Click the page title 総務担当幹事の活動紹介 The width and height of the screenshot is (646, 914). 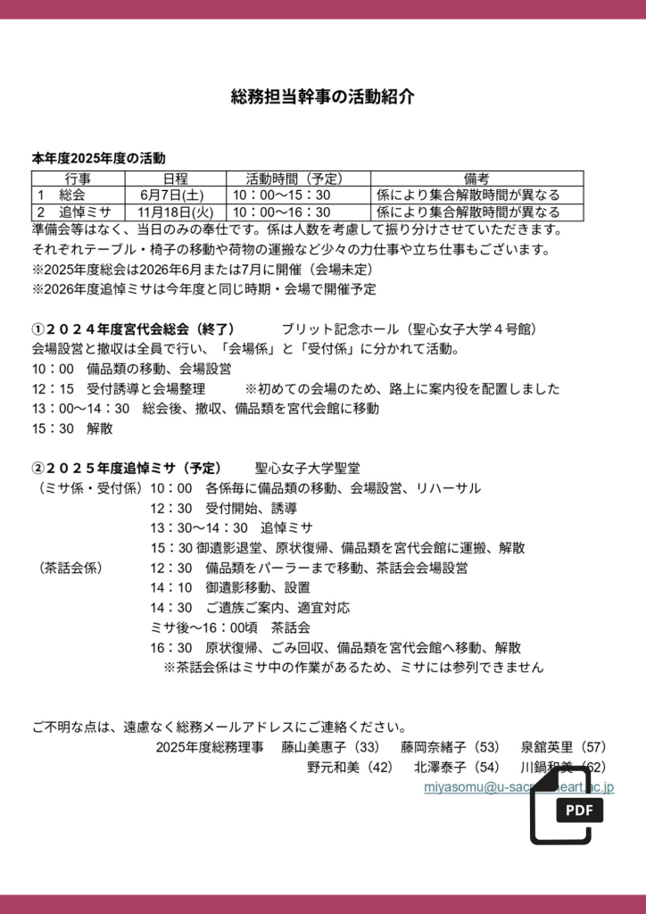pyautogui.click(x=322, y=97)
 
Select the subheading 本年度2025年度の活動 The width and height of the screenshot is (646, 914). pyautogui.click(x=99, y=159)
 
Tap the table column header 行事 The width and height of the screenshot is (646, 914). pyautogui.click(x=78, y=179)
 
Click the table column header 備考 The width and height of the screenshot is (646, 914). pyautogui.click(x=476, y=179)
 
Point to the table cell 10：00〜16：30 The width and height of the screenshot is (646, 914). pyautogui.click(x=282, y=212)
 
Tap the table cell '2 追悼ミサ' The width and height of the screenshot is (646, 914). pyautogui.click(x=71, y=212)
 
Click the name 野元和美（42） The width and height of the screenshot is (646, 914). pyautogui.click(x=349, y=767)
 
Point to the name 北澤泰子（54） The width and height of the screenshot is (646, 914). pyautogui.click(x=456, y=767)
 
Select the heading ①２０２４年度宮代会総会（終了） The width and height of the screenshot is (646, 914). pyautogui.click(x=133, y=329)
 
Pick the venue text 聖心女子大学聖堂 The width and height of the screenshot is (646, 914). pyautogui.click(x=308, y=468)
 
